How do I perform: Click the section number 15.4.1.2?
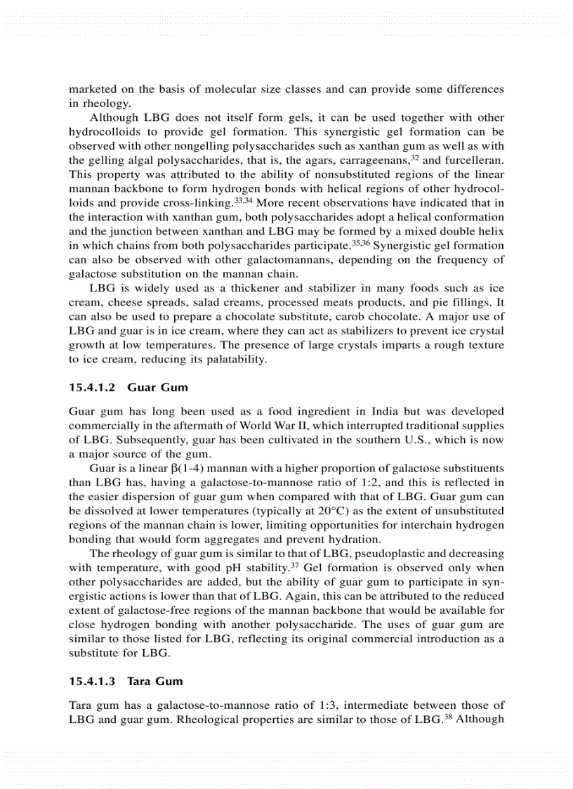93,388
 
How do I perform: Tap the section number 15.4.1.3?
93,681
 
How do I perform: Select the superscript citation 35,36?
361,244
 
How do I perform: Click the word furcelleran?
471,160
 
